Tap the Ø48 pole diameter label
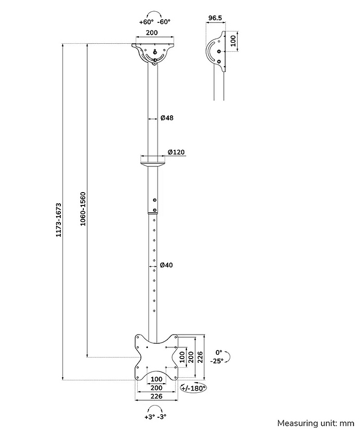coord(167,117)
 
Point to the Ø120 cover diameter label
coord(176,152)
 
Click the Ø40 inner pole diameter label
coord(166,265)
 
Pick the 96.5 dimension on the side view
coord(215,19)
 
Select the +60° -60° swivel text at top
coord(154,22)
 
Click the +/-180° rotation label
coord(193,388)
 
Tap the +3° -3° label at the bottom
coord(155,416)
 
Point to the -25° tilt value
coord(217,361)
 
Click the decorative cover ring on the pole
coord(154,160)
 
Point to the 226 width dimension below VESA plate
coord(155,396)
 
